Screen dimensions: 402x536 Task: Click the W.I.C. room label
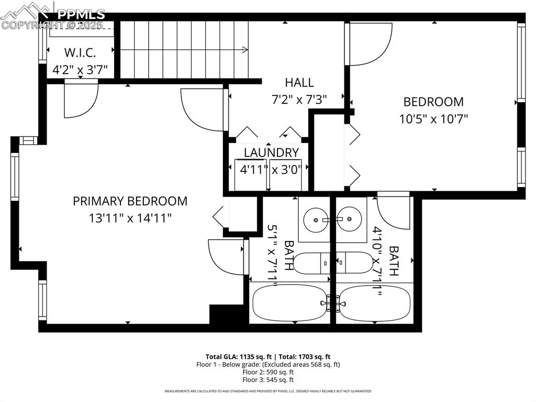pyautogui.click(x=80, y=53)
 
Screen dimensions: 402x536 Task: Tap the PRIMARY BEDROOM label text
pyautogui.click(x=130, y=201)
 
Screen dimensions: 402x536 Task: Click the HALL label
pyautogui.click(x=299, y=82)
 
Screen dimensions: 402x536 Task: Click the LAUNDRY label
pyautogui.click(x=271, y=153)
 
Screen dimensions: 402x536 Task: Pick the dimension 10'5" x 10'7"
pyautogui.click(x=433, y=118)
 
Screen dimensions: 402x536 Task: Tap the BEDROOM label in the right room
pyautogui.click(x=433, y=102)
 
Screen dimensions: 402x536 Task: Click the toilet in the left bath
pyautogui.click(x=311, y=263)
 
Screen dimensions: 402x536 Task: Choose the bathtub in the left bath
pyautogui.click(x=289, y=303)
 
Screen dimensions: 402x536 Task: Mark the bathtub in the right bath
pyautogui.click(x=373, y=303)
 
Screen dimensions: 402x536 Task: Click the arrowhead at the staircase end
pyautogui.click(x=245, y=50)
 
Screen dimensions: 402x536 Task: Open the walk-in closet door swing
pyautogui.click(x=80, y=100)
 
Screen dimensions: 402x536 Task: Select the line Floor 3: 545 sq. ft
pyautogui.click(x=267, y=379)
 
